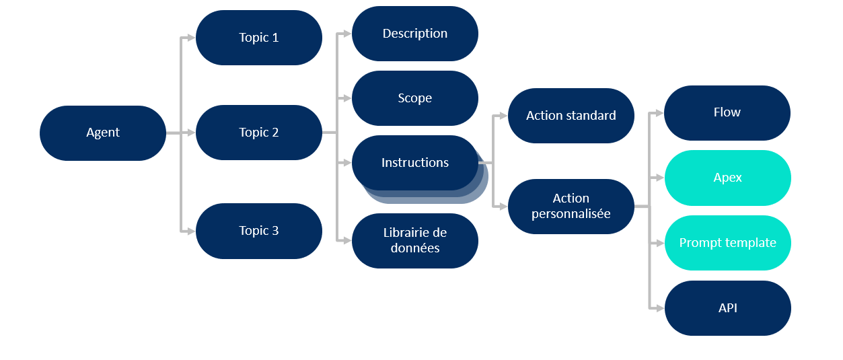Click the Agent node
pos(103,133)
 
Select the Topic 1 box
pos(259,38)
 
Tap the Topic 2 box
pos(259,133)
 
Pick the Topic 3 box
pos(259,231)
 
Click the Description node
pos(415,34)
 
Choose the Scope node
pos(415,98)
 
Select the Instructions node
pos(415,163)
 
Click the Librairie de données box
pos(415,241)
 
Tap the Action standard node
pos(571,116)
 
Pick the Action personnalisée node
pos(571,207)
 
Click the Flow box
pos(727,113)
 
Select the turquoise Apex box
pos(728,178)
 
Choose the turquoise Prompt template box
pos(728,243)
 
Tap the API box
pos(728,308)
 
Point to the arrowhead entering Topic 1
pos(191,38)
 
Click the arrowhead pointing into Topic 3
pos(191,231)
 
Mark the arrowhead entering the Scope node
pos(347,98)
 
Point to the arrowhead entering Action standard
pos(503,116)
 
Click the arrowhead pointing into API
pos(660,308)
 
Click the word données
pos(415,248)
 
